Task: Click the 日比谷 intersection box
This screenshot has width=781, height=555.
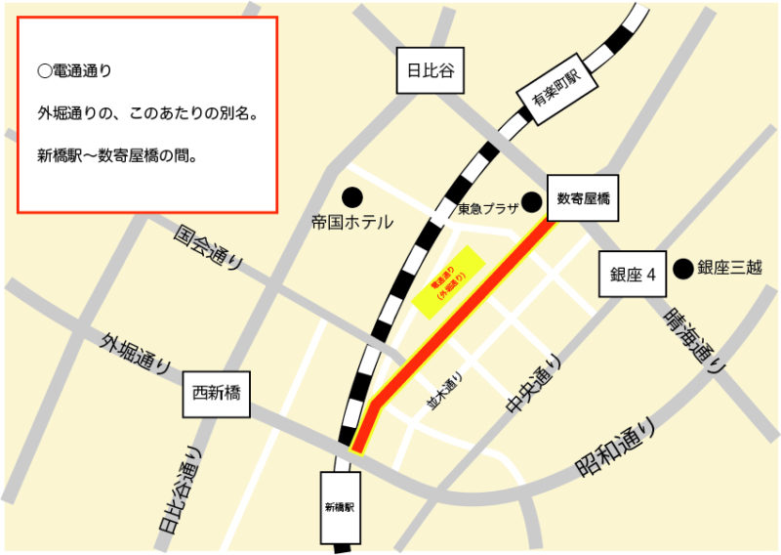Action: [x=431, y=70]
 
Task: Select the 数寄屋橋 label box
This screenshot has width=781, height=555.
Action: [x=583, y=198]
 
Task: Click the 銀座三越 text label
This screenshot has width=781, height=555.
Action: [x=731, y=267]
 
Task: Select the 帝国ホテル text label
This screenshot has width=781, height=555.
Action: [x=351, y=223]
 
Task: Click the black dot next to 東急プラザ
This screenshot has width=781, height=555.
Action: [x=531, y=202]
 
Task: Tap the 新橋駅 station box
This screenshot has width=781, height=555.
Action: [x=339, y=508]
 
